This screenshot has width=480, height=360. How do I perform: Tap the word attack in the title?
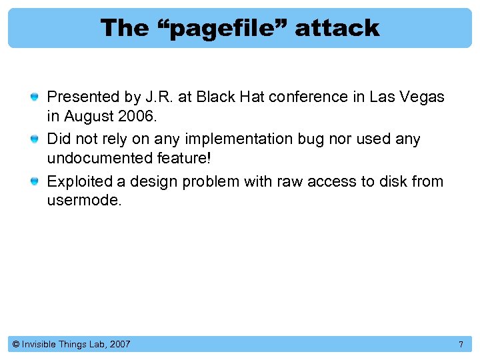[337, 28]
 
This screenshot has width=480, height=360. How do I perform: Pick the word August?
[89, 117]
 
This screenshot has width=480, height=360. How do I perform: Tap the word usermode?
[84, 201]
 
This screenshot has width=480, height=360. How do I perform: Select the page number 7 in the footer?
[460, 345]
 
